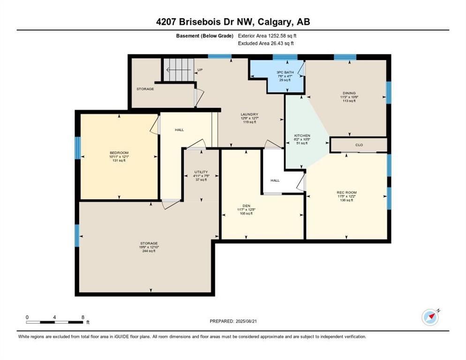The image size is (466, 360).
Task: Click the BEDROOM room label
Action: click(x=119, y=153)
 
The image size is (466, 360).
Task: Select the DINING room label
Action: click(x=348, y=93)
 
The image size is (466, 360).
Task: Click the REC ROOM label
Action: click(x=347, y=192)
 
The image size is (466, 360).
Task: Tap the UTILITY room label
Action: click(x=201, y=172)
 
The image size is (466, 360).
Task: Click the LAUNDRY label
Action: click(x=250, y=114)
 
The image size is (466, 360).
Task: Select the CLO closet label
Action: click(x=359, y=145)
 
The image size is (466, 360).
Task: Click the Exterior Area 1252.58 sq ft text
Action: click(x=267, y=36)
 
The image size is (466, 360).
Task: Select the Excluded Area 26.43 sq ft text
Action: click(x=265, y=44)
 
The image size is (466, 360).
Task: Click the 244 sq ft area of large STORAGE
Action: click(x=149, y=251)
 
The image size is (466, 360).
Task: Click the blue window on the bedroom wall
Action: click(x=78, y=147)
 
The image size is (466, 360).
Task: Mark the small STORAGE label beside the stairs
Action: click(x=145, y=89)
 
